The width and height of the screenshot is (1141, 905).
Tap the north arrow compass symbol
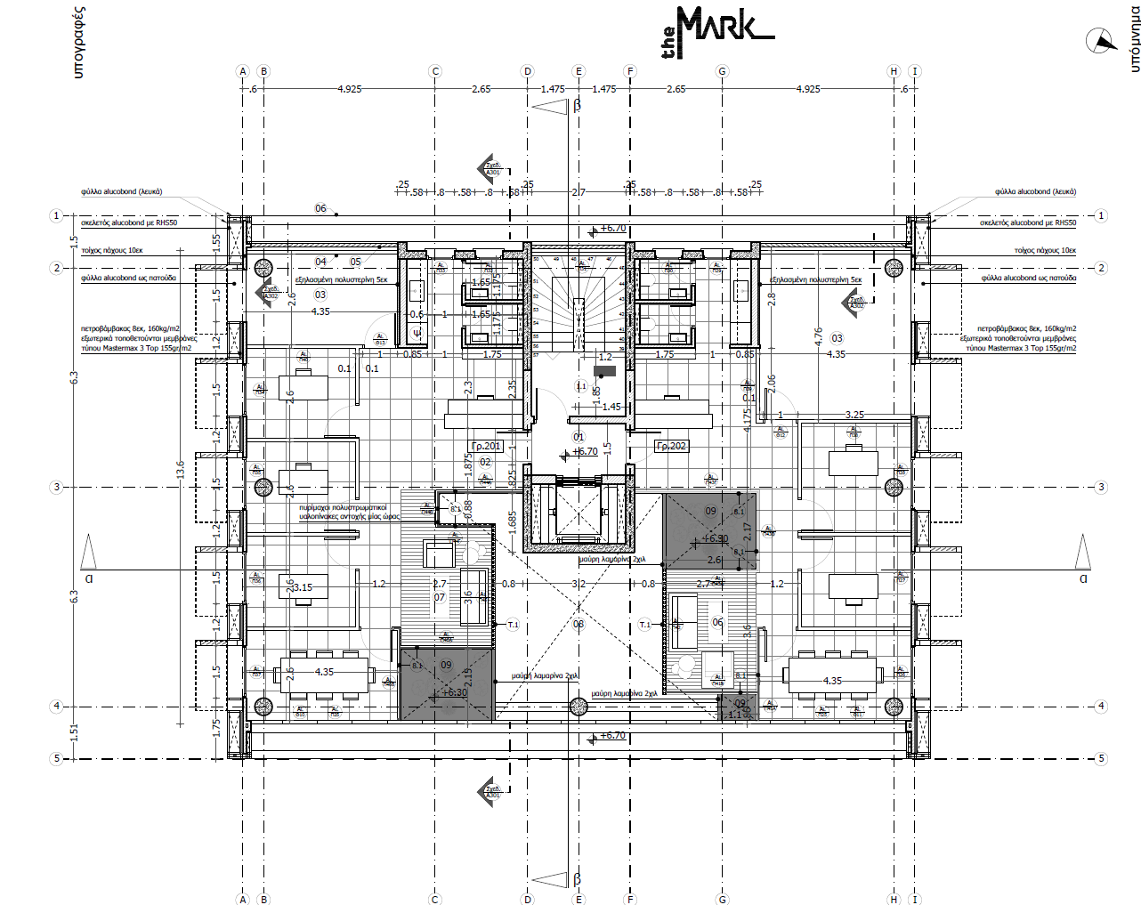click(x=1101, y=40)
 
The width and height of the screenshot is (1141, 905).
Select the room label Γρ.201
click(x=487, y=446)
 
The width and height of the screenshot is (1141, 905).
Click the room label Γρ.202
click(x=671, y=446)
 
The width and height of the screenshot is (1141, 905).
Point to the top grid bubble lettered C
click(x=435, y=71)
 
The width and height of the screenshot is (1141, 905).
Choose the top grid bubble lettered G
click(x=722, y=71)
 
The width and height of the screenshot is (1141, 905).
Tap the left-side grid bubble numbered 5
click(x=57, y=758)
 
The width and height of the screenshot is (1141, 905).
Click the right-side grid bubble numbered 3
click(x=1101, y=487)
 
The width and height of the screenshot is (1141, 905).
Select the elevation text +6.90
click(x=715, y=538)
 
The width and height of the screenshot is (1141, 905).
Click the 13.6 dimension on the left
click(x=181, y=469)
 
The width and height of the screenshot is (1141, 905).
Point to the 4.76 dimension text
click(x=818, y=336)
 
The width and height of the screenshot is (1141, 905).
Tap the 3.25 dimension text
click(x=854, y=415)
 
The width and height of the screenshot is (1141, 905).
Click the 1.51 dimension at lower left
click(x=75, y=731)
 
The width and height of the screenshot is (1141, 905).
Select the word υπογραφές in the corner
click(x=78, y=42)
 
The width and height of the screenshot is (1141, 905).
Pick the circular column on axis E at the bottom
click(x=579, y=707)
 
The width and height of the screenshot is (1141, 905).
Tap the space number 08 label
click(x=579, y=624)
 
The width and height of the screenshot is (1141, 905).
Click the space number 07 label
click(x=439, y=597)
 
